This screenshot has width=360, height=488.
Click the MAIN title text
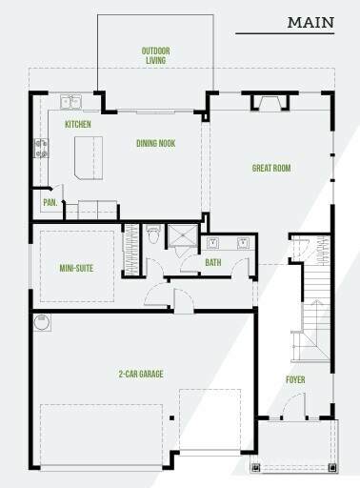pyautogui.click(x=310, y=23)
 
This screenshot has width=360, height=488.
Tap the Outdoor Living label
pyautogui.click(x=155, y=55)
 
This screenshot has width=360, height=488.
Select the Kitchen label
pyautogui.click(x=78, y=124)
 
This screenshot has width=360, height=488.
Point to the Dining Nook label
pyautogui.click(x=156, y=143)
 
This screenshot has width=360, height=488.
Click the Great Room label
pyautogui.click(x=271, y=168)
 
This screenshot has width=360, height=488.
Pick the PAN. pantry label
pyautogui.click(x=50, y=202)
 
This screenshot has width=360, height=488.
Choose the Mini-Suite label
pyautogui.click(x=76, y=268)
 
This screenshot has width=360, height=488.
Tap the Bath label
pyautogui.click(x=213, y=262)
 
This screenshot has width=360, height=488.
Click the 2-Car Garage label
pyautogui.click(x=141, y=374)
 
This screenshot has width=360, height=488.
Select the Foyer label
pyautogui.click(x=295, y=379)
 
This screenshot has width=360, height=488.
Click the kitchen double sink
pyautogui.click(x=70, y=102)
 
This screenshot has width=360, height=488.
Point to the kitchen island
pyautogui.click(x=89, y=158)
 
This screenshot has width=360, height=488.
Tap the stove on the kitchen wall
pyautogui.click(x=42, y=148)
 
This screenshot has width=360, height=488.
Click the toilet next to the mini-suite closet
pyautogui.click(x=153, y=234)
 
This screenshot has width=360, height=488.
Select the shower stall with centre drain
pyautogui.click(x=183, y=235)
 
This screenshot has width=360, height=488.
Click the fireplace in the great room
pyautogui.click(x=270, y=103)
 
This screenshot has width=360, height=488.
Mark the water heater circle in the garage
pyautogui.click(x=42, y=323)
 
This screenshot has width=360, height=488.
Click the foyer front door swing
pyautogui.click(x=293, y=405)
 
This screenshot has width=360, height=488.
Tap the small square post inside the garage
pyautogui.click(x=171, y=418)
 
